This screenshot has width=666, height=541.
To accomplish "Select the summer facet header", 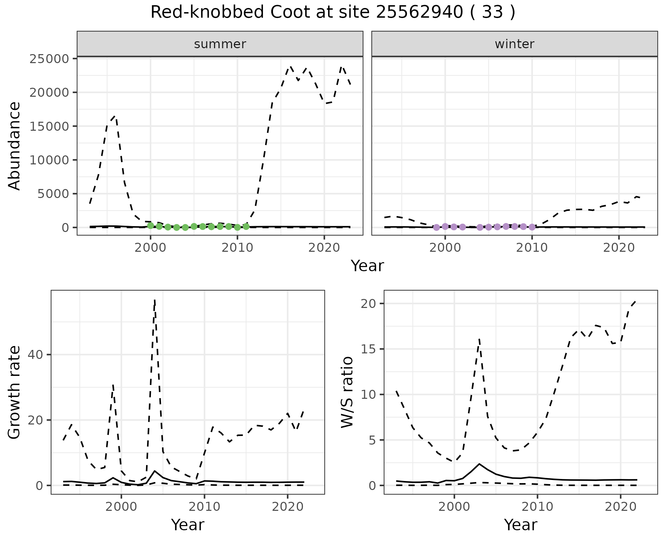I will [x=220, y=44].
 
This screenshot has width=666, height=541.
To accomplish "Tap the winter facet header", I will [x=514, y=44].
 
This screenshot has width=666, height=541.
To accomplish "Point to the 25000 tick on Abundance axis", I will [x=49, y=59].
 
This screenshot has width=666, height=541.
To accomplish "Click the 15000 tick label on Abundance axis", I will [x=49, y=126].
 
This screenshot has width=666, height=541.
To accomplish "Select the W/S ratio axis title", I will [x=347, y=392].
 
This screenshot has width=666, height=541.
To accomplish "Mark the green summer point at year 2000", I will [x=151, y=226].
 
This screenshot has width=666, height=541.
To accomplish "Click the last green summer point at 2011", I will [x=246, y=226].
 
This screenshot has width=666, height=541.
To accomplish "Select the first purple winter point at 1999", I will [x=436, y=227].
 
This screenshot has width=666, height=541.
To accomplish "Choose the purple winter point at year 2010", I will [x=532, y=227].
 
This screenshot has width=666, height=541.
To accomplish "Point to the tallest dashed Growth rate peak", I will [x=155, y=300].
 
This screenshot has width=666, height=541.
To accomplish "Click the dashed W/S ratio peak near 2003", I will [x=479, y=339].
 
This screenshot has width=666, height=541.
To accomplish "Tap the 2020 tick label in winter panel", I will [x=619, y=248].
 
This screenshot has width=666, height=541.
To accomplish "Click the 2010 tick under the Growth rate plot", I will [x=204, y=507].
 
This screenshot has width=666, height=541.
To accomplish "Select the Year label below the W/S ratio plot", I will [x=520, y=525].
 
